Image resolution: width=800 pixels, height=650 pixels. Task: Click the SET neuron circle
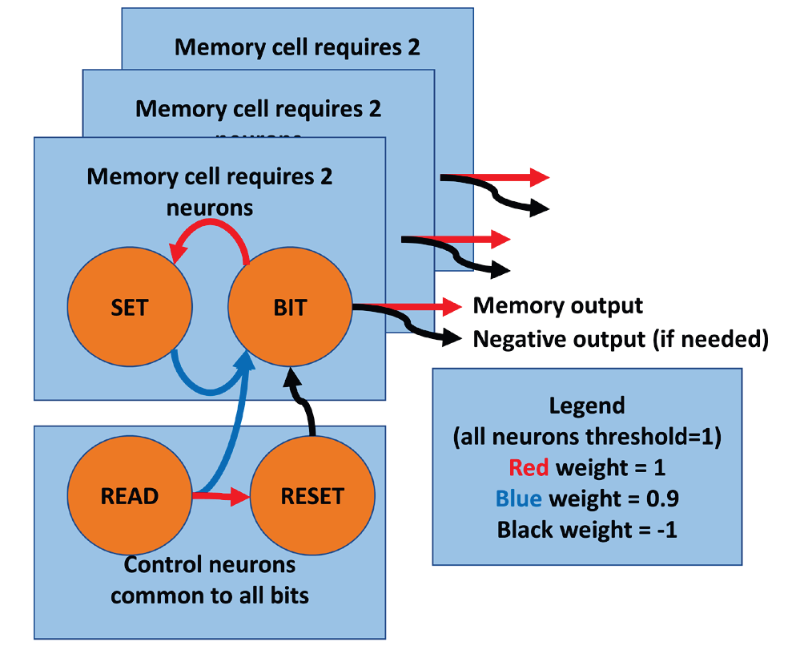pos(130,308)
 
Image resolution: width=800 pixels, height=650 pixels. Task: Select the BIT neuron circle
pos(290,308)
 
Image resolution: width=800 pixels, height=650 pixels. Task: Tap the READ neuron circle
pos(130,496)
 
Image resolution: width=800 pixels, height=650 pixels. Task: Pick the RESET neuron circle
pos(312,496)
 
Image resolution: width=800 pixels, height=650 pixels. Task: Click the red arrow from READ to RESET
pos(221,497)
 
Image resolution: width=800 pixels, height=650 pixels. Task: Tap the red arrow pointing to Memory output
pos(416,305)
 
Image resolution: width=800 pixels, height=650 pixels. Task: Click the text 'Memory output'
pos(557,305)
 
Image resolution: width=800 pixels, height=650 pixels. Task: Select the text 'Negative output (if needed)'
pos(621,339)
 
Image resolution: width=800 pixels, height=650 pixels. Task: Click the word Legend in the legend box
pos(586,406)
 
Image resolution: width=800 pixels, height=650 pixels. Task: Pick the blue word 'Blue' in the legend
pos(519,499)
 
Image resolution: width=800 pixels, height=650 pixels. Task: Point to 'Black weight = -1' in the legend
pos(587,530)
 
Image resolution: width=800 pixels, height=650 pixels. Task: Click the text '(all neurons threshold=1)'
pos(587,437)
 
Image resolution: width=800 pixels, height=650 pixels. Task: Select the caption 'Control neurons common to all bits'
pos(210,580)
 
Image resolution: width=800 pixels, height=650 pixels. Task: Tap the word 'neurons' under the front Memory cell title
pos(210,208)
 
